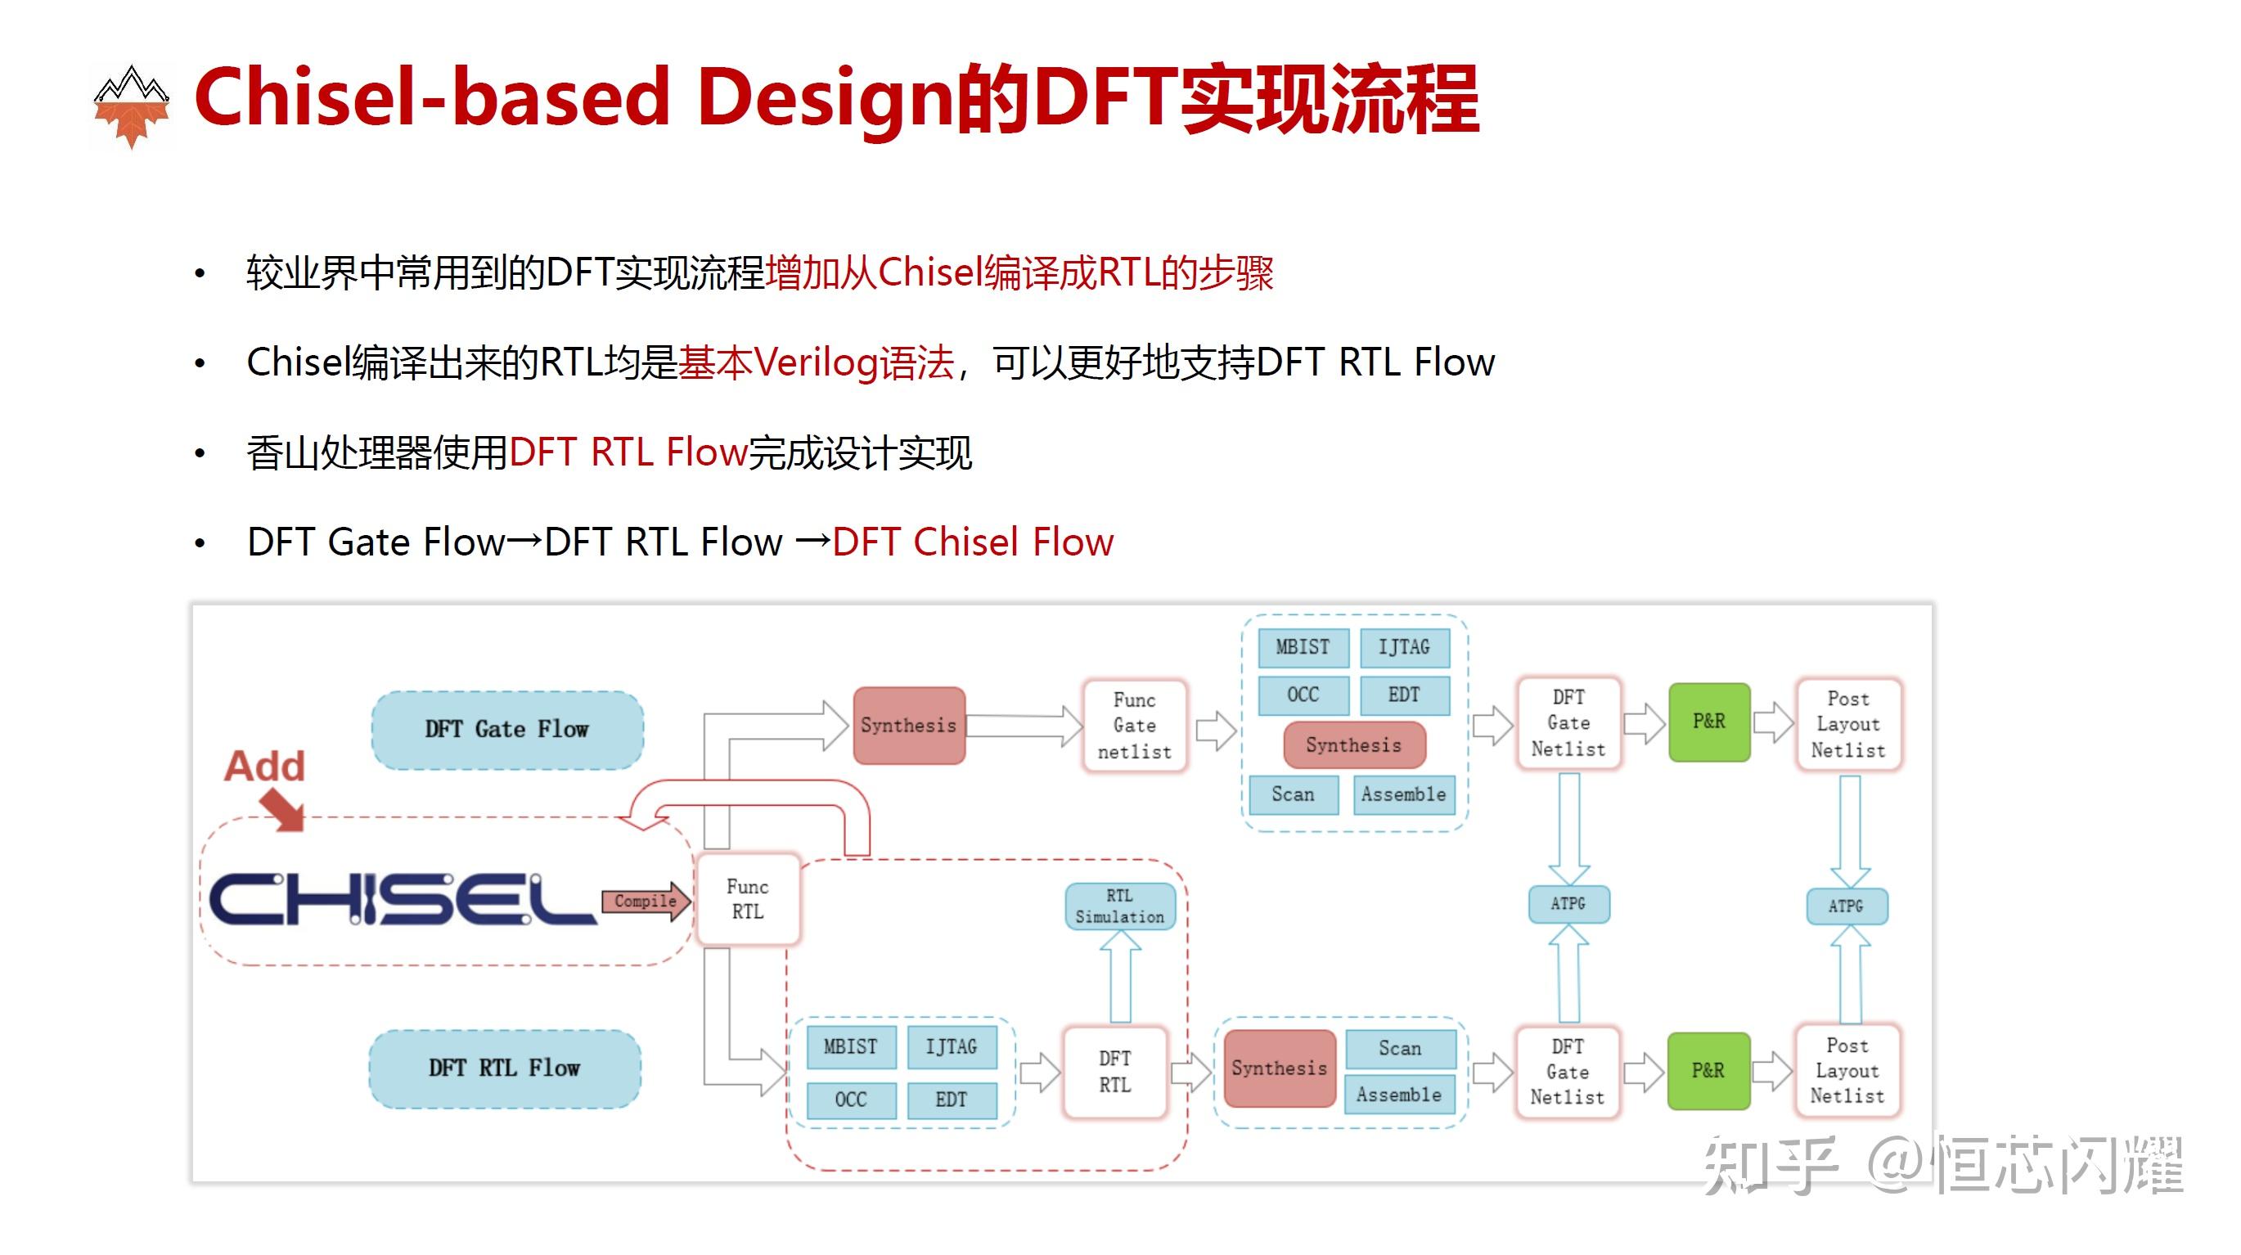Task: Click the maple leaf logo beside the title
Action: pos(132,107)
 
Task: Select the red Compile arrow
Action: pos(646,901)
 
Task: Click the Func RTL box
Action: pos(747,898)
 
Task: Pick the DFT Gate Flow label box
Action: pos(507,729)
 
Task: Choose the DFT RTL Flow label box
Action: pos(505,1067)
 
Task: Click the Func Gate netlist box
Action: pos(1135,726)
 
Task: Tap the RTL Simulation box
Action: pos(1119,906)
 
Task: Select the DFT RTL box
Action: pos(1114,1071)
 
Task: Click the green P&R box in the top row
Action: pos(1708,721)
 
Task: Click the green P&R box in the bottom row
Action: pos(1708,1070)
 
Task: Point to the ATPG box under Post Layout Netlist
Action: pos(1846,906)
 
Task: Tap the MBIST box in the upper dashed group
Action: pos(1303,647)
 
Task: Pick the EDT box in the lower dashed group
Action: pos(951,1100)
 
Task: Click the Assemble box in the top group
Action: pos(1403,794)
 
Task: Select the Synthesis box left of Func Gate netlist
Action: pos(908,726)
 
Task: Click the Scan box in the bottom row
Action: pos(1400,1048)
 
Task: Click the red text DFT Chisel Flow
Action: pos(973,542)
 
